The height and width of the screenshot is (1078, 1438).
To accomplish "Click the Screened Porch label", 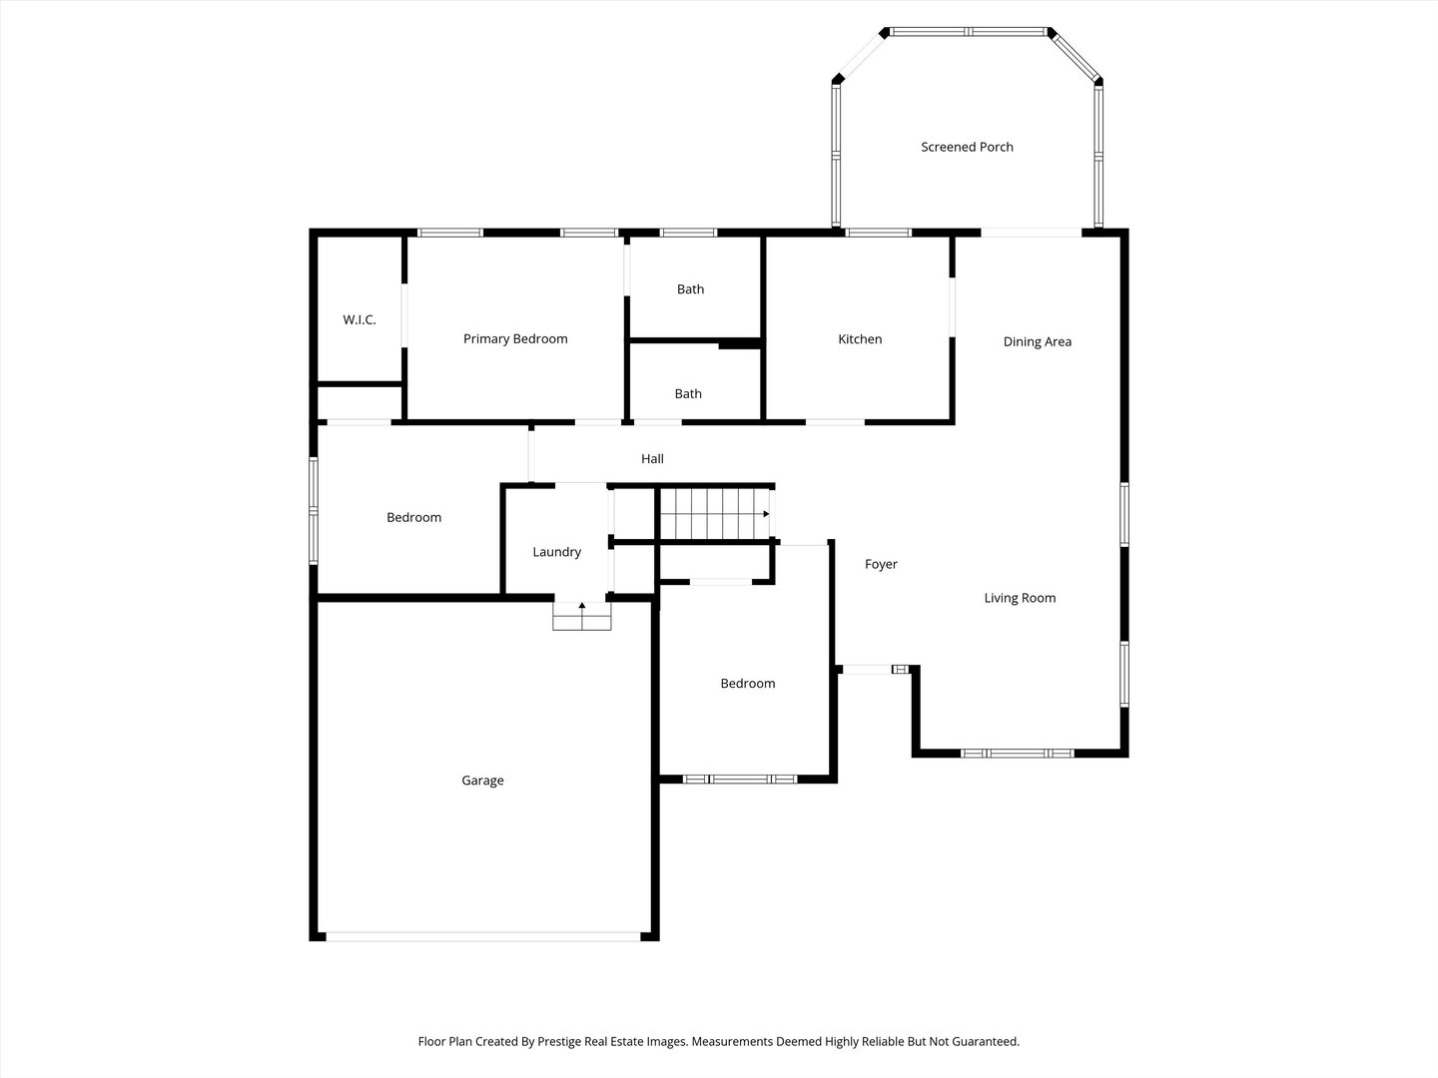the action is [967, 148].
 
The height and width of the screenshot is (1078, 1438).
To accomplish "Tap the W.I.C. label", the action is [359, 319].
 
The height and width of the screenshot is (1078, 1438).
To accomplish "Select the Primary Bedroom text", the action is [515, 339].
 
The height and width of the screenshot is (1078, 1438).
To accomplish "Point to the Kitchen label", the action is [860, 339].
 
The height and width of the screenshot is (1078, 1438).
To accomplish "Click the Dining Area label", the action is [1038, 341].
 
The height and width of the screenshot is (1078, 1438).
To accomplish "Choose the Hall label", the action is [652, 459].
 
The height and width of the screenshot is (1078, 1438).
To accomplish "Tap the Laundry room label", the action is [557, 552].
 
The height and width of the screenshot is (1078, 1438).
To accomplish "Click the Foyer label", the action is [881, 564].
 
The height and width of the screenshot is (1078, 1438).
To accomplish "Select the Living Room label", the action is [1020, 598].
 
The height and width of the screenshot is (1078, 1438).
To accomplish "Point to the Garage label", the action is [482, 781].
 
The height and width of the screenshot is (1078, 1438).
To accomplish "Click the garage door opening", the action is [482, 936].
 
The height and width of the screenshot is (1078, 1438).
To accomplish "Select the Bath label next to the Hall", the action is [688, 394].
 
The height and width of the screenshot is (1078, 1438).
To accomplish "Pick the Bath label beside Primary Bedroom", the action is [690, 289].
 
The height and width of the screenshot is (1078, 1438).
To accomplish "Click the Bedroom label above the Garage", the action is [414, 518].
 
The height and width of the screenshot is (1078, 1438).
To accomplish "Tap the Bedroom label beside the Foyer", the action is [748, 684].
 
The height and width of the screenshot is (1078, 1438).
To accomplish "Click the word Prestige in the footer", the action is [559, 1041].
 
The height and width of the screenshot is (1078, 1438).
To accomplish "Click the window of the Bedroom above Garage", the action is [314, 510].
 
